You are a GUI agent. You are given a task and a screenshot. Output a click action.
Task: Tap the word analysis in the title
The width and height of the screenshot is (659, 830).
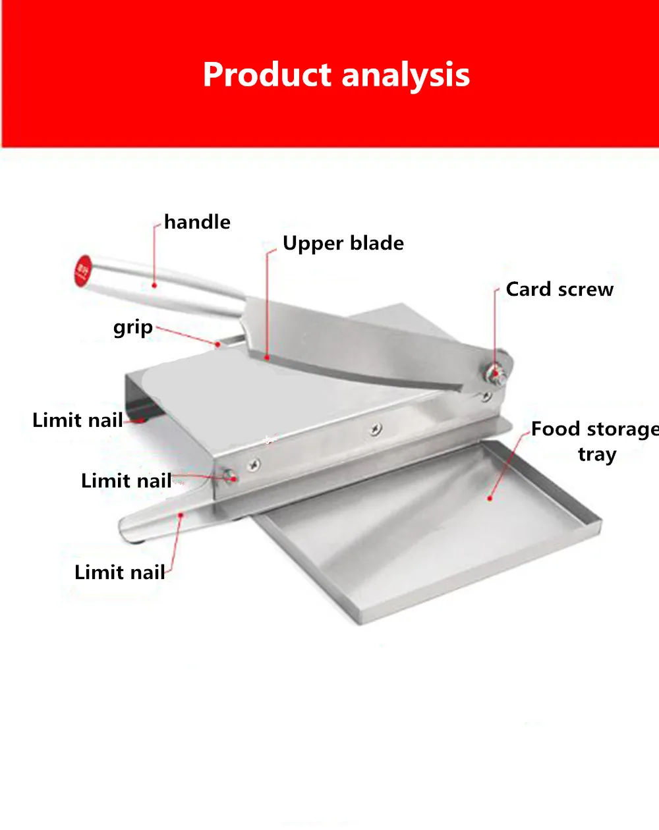tap(406, 76)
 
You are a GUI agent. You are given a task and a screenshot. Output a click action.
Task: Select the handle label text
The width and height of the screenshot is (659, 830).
tap(197, 222)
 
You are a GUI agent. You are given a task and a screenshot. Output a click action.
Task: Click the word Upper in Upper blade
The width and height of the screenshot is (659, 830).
tap(313, 244)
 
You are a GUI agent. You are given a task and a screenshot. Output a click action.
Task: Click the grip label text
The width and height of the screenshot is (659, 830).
tap(132, 328)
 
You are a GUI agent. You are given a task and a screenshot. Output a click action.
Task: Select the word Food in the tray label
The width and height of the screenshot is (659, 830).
tap(556, 429)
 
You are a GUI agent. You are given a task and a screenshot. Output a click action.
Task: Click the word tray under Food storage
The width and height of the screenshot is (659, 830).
tap(596, 455)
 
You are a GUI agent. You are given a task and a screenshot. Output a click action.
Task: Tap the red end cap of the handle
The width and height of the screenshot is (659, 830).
tap(82, 270)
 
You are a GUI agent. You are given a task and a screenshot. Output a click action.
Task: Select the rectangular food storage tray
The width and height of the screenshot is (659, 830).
tap(428, 527)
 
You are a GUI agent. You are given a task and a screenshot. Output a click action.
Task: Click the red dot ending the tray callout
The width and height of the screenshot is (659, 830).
tap(490, 498)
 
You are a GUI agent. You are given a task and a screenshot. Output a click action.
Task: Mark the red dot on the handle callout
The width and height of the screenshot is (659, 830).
tap(154, 285)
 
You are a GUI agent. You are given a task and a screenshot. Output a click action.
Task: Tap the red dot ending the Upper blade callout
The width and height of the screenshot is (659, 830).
tap(267, 358)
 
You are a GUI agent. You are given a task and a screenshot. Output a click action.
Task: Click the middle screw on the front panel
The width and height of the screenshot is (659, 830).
tap(375, 429)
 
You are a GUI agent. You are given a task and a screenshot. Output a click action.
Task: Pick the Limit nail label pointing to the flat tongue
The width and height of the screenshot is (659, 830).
tap(119, 572)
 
